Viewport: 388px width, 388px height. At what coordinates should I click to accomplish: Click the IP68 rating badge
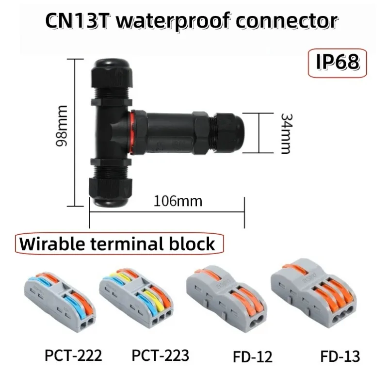337,63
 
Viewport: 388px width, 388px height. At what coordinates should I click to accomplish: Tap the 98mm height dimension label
62,126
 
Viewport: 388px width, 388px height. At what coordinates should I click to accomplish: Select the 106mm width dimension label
178,201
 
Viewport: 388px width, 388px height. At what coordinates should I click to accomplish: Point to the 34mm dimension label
287,134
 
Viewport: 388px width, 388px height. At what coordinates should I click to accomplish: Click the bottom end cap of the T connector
111,192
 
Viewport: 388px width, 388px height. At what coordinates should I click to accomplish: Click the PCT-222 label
73,356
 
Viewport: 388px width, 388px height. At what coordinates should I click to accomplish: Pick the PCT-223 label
161,356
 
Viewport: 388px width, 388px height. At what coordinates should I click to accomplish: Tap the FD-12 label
252,356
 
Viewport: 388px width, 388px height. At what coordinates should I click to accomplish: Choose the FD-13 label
340,356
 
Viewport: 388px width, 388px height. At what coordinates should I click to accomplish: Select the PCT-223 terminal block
136,298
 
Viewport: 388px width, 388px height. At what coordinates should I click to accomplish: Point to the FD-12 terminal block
226,299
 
